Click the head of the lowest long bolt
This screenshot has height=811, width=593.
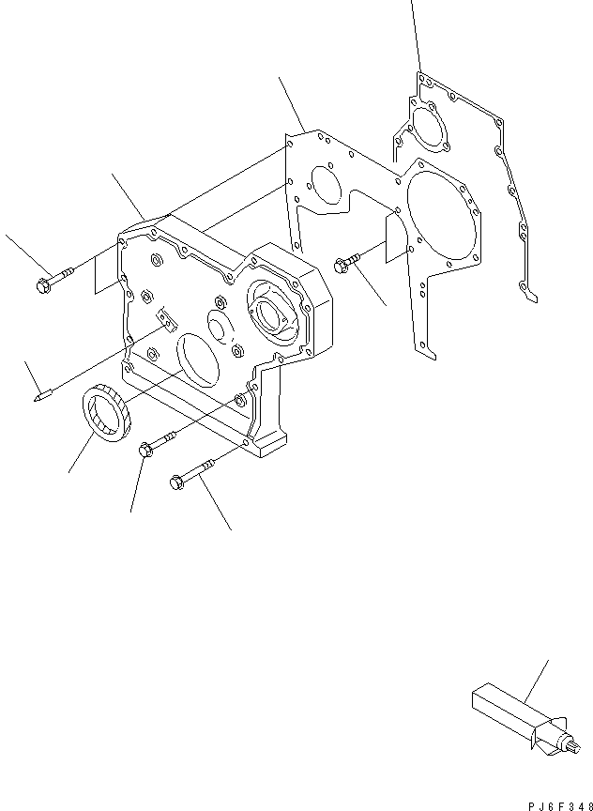coord(175,482)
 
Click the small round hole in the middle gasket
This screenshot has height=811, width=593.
coord(324,185)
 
